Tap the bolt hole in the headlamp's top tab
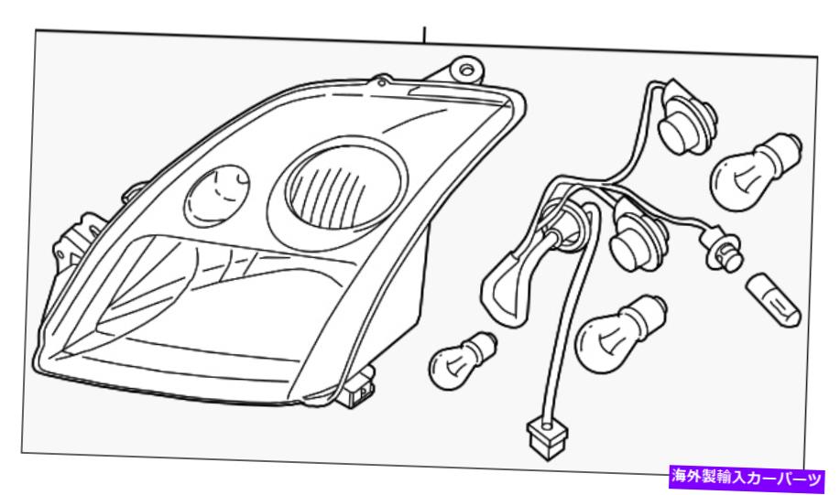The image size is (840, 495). [x=466, y=69]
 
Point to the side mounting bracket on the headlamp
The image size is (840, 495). [x=74, y=240]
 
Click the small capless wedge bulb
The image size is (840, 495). [x=773, y=300]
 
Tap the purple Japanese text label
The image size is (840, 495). [x=747, y=478]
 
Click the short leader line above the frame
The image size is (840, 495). [x=424, y=36]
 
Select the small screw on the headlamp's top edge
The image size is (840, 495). [x=381, y=82]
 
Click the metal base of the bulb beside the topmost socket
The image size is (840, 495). [x=785, y=147]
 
